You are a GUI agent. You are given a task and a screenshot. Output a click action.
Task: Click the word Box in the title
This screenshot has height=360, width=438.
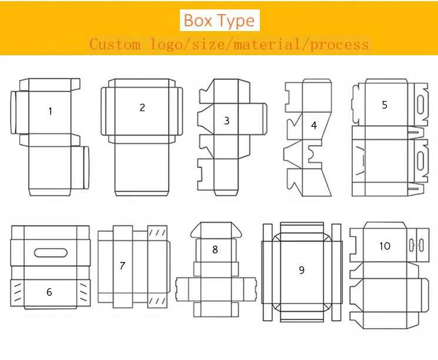(198, 21)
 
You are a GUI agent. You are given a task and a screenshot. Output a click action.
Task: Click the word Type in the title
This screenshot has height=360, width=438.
(236, 21)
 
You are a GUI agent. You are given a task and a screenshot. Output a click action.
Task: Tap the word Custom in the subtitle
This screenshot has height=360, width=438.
(115, 45)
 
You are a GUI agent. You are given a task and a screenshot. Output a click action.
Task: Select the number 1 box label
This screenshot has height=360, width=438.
(51, 112)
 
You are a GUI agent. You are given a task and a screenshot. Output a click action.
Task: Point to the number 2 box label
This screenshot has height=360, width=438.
(142, 107)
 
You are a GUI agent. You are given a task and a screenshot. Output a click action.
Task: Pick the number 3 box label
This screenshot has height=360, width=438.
(227, 120)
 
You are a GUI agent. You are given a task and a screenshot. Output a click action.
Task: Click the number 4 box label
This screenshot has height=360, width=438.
(314, 125)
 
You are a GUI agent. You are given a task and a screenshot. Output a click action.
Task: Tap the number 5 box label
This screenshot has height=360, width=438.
(384, 105)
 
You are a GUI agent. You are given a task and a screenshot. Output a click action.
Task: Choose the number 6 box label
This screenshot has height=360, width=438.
(49, 292)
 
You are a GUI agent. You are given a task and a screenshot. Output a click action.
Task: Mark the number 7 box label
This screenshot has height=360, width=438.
(122, 265)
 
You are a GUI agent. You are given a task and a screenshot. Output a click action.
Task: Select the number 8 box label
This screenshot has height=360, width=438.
(215, 249)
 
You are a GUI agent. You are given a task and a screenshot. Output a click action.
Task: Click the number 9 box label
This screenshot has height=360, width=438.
(302, 270)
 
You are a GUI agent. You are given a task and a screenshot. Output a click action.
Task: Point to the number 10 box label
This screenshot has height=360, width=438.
(384, 246)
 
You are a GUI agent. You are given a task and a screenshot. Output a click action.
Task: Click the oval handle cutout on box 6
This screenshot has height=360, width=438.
(51, 253)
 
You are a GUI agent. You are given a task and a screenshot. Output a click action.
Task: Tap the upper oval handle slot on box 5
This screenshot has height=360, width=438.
(420, 106)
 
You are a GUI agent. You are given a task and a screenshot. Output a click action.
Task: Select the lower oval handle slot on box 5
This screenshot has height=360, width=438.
(420, 161)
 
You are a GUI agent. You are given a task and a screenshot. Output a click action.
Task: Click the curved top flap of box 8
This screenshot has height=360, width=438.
(216, 230)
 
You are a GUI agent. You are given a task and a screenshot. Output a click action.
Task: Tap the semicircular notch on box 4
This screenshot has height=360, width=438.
(313, 154)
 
